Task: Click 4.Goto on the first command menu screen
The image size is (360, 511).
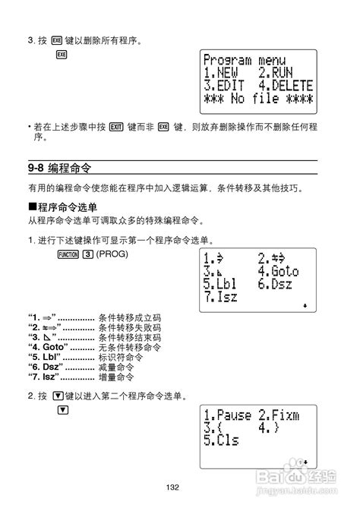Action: pyautogui.click(x=278, y=271)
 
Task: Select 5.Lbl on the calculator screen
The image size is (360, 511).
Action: pyautogui.click(x=221, y=285)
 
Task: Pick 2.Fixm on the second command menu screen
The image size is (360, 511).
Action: pyautogui.click(x=278, y=415)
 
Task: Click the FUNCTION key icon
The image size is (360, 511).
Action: pyautogui.click(x=68, y=253)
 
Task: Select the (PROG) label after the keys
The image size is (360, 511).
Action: pyautogui.click(x=112, y=253)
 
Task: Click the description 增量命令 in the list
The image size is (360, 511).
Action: pyautogui.click(x=116, y=377)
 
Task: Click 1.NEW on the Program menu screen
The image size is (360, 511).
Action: pyautogui.click(x=222, y=73)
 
